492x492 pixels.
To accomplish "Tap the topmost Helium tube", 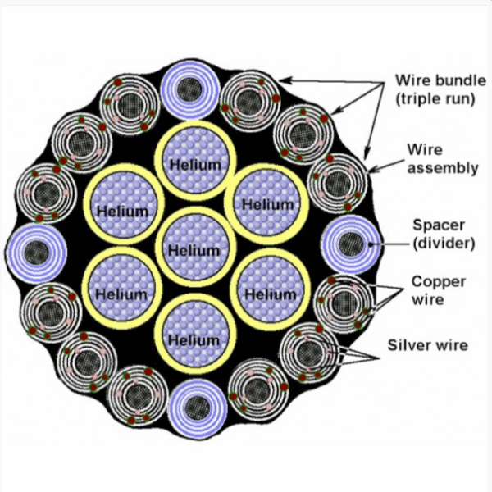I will [x=194, y=160].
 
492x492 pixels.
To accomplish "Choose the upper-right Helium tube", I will [x=268, y=201].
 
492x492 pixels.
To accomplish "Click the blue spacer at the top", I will [x=191, y=88].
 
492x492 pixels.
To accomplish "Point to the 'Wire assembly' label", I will [x=442, y=159].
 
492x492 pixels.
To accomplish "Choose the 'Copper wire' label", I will [x=439, y=290].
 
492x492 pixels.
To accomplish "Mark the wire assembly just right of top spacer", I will [x=248, y=101].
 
